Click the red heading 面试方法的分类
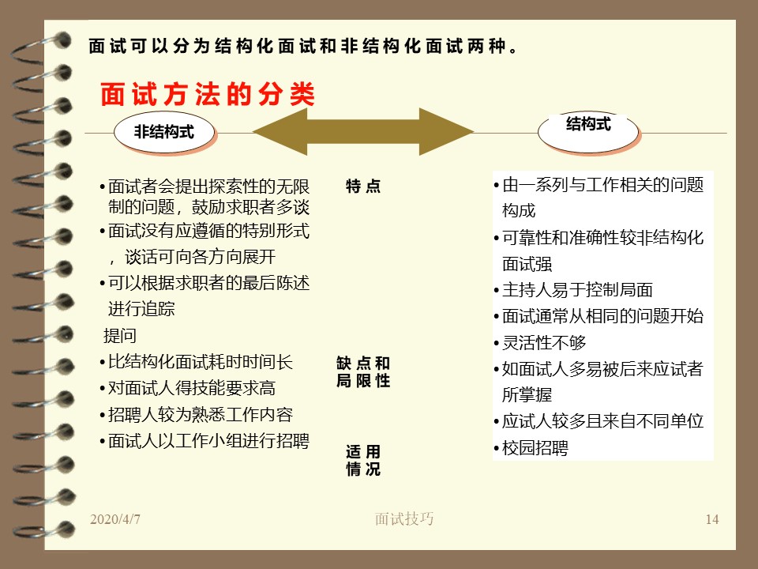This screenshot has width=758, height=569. (208, 94)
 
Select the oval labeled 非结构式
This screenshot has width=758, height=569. (164, 132)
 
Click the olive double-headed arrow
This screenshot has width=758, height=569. (362, 132)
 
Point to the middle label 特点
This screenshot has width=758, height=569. (363, 186)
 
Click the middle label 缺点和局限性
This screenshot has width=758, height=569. (363, 371)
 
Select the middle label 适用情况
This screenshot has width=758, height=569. (363, 460)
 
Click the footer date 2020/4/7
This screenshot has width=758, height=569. (115, 519)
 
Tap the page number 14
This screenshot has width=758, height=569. (712, 519)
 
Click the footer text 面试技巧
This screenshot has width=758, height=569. (404, 518)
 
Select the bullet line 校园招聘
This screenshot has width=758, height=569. (531, 447)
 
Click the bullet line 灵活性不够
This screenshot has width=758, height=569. (540, 342)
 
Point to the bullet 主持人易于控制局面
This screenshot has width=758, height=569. (573, 290)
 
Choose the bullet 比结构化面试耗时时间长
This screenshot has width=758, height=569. (197, 362)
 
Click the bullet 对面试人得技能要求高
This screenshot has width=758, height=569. (188, 388)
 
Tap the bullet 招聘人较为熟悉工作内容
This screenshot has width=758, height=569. (197, 414)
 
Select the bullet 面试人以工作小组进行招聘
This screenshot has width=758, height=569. (205, 441)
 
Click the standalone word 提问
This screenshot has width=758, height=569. (120, 335)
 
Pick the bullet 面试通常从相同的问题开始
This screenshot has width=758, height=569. (599, 316)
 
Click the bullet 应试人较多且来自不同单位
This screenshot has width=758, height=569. (599, 421)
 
